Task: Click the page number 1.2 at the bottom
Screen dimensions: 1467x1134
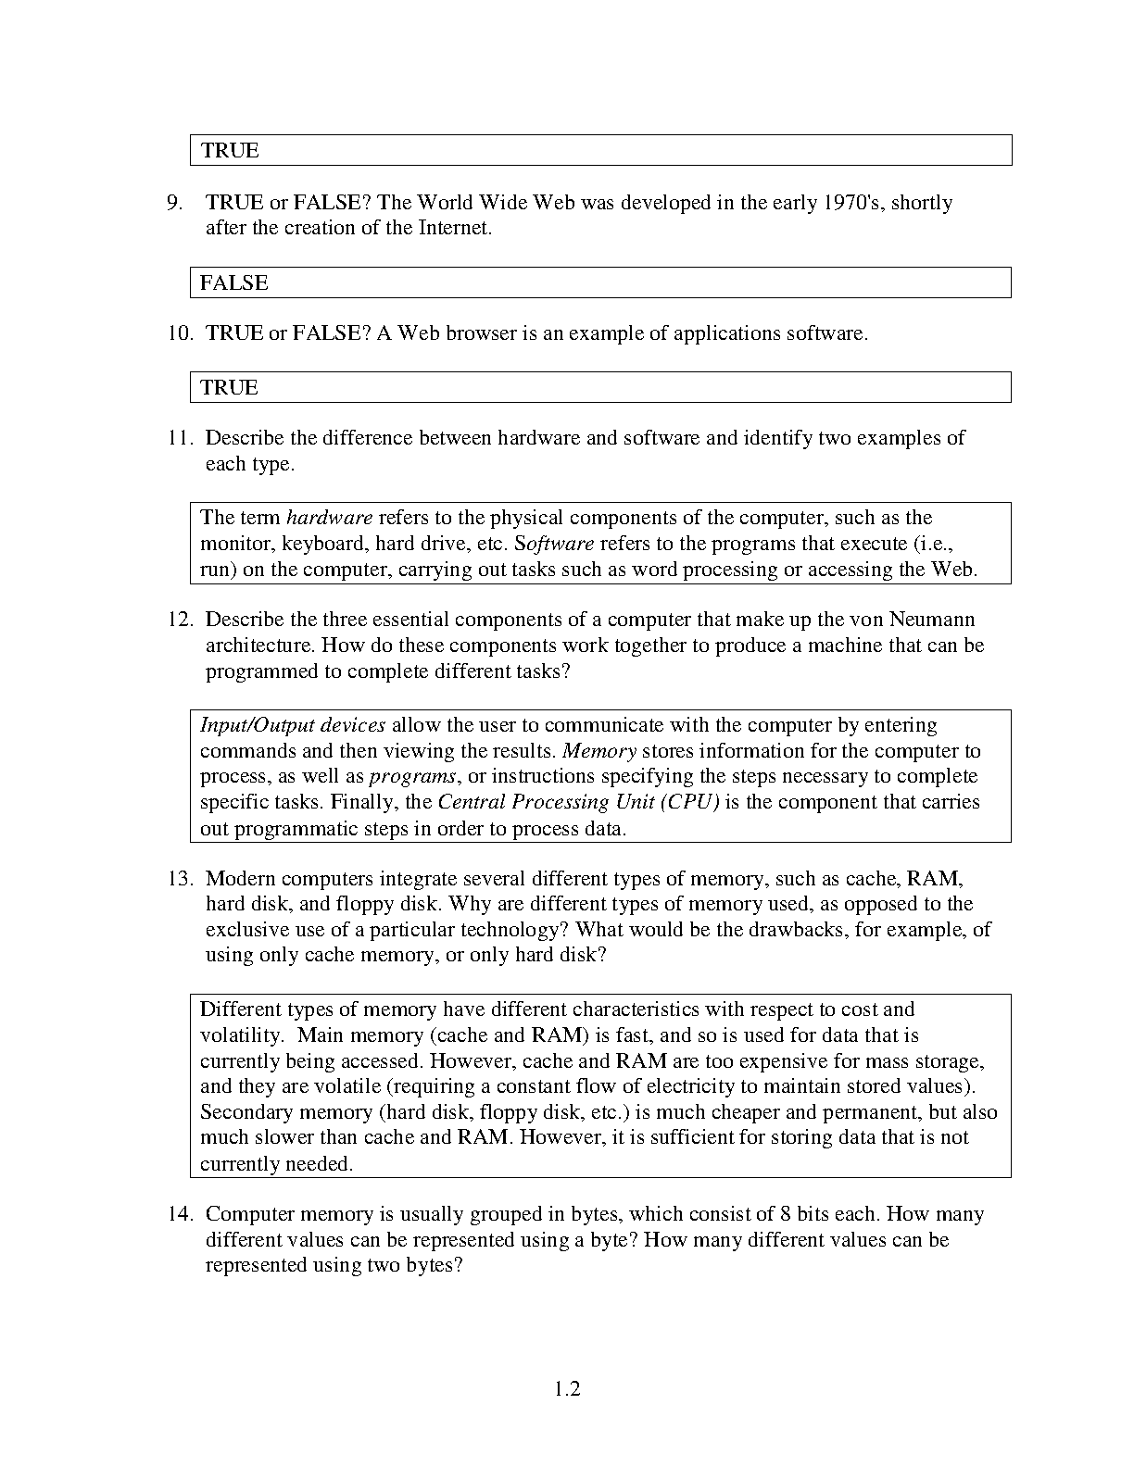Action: [567, 1388]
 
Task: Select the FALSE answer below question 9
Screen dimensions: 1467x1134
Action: [233, 283]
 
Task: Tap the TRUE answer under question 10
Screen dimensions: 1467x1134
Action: [229, 388]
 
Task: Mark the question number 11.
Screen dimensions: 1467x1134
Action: [179, 438]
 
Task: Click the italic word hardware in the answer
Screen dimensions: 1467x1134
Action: [329, 518]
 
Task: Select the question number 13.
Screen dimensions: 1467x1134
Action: [179, 879]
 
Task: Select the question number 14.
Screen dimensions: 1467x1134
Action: [179, 1214]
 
